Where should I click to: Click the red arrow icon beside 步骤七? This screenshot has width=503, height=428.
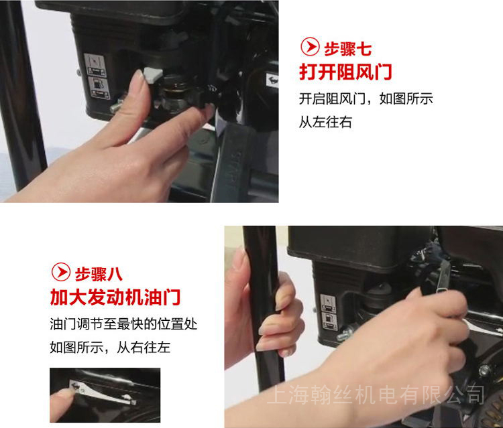pyautogui.click(x=310, y=47)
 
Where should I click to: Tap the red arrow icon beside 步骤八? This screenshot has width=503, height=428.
pyautogui.click(x=61, y=272)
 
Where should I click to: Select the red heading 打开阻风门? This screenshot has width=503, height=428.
pyautogui.click(x=345, y=72)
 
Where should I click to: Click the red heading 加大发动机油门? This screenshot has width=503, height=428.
pyautogui.click(x=115, y=297)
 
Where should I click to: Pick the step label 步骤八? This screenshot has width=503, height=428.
pyautogui.click(x=99, y=275)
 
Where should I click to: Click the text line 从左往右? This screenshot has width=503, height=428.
pyautogui.click(x=325, y=122)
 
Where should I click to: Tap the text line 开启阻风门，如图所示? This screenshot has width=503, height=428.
pyautogui.click(x=366, y=98)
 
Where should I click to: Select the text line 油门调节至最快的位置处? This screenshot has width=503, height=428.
pyautogui.click(x=123, y=324)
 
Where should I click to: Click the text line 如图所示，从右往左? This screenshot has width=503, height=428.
pyautogui.click(x=110, y=347)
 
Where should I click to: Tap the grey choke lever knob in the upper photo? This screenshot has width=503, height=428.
pyautogui.click(x=154, y=75)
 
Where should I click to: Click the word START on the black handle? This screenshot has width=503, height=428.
pyautogui.click(x=233, y=169)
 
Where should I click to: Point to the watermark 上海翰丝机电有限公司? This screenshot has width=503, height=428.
pyautogui.click(x=376, y=395)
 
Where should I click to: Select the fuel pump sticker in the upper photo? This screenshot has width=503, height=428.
pyautogui.click(x=99, y=88)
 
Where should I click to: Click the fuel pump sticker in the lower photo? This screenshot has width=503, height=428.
pyautogui.click(x=329, y=321)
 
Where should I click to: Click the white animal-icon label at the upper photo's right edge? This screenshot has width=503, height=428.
pyautogui.click(x=272, y=80)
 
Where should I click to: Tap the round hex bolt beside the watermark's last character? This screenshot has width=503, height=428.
pyautogui.click(x=484, y=370)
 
